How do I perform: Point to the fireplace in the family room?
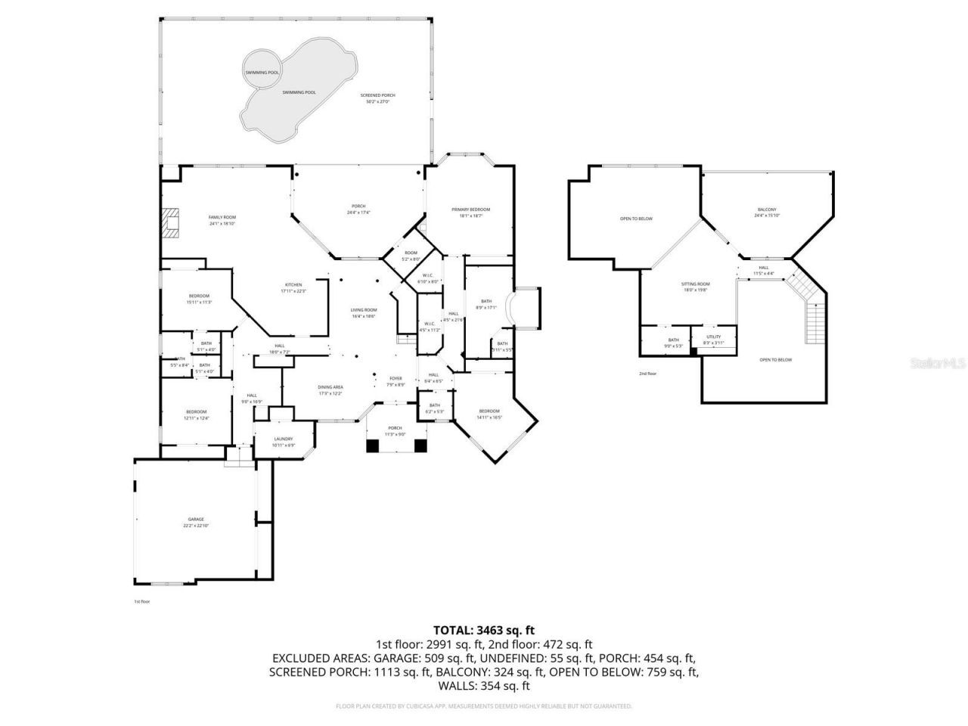[172, 223]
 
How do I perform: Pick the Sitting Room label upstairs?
[697, 286]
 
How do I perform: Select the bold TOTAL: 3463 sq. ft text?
[484, 629]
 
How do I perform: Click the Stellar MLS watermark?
[938, 364]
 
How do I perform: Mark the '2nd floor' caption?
[647, 374]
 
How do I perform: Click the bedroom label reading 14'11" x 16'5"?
[489, 414]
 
